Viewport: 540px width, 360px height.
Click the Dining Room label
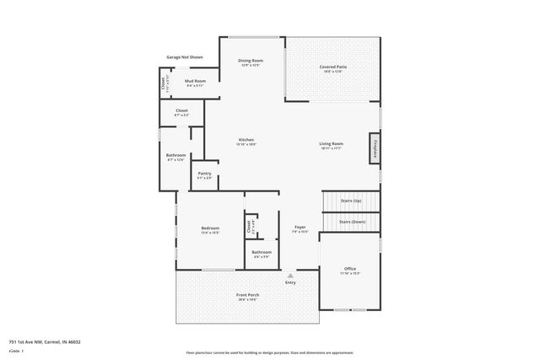(251, 61)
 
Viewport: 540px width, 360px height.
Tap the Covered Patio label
(334, 67)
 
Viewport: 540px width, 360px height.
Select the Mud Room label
(196, 82)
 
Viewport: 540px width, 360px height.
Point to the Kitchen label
(246, 140)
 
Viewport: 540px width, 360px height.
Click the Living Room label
(331, 144)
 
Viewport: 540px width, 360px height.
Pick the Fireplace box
(375, 148)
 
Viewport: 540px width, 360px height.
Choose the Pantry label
(204, 174)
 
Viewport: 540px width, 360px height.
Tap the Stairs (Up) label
(351, 201)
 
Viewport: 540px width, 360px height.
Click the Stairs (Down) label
(352, 222)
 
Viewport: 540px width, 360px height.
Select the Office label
(349, 269)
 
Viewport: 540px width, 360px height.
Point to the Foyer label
(300, 228)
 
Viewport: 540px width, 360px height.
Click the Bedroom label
(210, 228)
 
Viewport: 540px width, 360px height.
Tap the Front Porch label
(247, 294)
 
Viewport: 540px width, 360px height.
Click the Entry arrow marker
(290, 275)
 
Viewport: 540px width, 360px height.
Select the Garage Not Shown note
(184, 57)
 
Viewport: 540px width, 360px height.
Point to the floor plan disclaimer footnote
(270, 353)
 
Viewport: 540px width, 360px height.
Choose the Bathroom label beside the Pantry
(175, 155)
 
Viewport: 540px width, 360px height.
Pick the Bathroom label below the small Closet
(262, 252)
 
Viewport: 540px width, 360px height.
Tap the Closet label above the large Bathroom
(181, 110)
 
